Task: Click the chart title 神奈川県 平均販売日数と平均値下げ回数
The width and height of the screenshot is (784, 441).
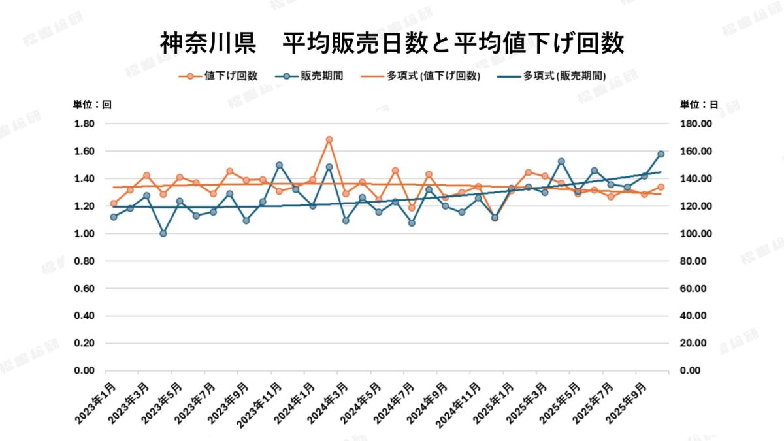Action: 392,44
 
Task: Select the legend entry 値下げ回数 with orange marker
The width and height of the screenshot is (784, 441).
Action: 218,76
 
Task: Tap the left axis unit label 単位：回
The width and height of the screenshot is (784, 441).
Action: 92,105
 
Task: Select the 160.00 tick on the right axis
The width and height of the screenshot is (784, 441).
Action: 696,152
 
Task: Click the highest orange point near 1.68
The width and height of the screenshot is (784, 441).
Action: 329,140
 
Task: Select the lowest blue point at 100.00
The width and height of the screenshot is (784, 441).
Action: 163,233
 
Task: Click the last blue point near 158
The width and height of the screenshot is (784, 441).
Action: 661,154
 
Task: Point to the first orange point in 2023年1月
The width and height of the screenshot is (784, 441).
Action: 114,204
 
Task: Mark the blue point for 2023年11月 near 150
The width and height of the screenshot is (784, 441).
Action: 279,165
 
